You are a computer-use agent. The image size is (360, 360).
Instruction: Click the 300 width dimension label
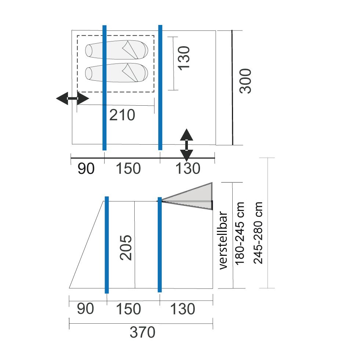click(x=246, y=81)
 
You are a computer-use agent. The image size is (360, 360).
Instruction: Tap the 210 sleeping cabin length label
click(x=122, y=115)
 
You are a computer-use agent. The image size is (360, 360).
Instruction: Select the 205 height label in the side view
click(x=126, y=247)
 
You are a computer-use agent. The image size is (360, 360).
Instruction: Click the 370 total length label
click(x=142, y=332)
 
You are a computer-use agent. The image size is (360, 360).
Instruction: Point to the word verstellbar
click(x=223, y=240)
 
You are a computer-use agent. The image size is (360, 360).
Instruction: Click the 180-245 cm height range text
click(x=240, y=233)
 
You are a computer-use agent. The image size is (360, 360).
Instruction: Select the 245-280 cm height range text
click(x=258, y=233)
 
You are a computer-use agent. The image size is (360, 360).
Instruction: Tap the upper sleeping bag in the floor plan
click(x=117, y=50)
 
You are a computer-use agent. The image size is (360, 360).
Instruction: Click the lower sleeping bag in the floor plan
click(x=117, y=73)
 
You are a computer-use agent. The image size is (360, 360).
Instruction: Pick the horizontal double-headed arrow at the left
click(x=73, y=98)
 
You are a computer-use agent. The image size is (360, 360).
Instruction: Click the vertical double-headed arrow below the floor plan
click(x=186, y=145)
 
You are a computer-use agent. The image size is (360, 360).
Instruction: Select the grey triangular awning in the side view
click(x=187, y=196)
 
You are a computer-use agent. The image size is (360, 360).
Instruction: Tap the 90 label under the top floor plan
click(x=86, y=168)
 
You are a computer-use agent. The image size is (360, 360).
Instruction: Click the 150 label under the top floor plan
click(x=128, y=168)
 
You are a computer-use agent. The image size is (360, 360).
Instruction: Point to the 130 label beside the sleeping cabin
click(x=184, y=58)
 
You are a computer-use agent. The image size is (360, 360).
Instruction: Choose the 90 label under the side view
click(x=86, y=309)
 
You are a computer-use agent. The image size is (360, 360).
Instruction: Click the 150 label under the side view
click(x=128, y=309)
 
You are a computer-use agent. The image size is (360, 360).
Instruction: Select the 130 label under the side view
click(x=182, y=309)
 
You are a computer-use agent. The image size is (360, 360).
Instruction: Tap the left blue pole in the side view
click(x=107, y=245)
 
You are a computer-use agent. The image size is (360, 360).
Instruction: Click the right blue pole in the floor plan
click(x=160, y=87)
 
